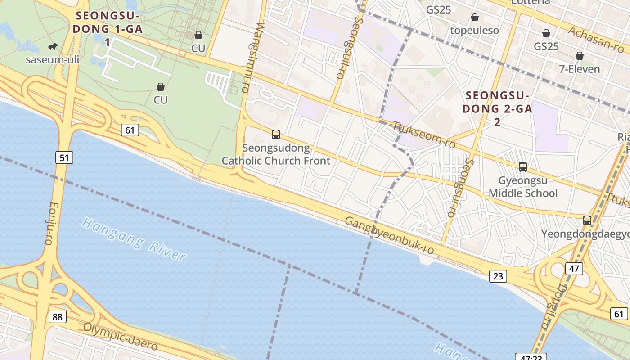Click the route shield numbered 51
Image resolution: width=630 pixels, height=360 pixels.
click(x=64, y=157)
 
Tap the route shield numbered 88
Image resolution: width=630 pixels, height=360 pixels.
click(x=57, y=317)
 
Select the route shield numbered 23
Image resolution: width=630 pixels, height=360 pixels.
click(x=498, y=276)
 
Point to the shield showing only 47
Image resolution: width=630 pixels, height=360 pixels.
click(x=574, y=269)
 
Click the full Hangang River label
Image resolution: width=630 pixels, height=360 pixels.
click(x=134, y=240)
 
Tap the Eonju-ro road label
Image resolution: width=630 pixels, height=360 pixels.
click(x=50, y=223)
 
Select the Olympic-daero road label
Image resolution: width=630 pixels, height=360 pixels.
click(x=121, y=336)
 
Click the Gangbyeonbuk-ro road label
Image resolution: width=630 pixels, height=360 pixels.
click(x=389, y=235)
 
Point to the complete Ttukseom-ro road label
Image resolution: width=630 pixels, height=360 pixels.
click(x=424, y=135)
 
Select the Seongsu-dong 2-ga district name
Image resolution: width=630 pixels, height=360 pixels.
click(x=497, y=108)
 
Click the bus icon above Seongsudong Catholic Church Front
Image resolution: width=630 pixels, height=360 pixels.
click(x=276, y=134)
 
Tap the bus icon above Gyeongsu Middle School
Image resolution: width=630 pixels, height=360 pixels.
click(x=523, y=166)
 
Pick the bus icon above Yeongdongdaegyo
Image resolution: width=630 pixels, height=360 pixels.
click(x=587, y=220)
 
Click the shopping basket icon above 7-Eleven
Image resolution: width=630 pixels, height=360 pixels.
click(x=580, y=56)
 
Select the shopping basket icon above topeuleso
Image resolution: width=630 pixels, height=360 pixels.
click(x=474, y=18)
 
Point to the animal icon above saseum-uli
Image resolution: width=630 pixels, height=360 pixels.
click(x=53, y=46)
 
